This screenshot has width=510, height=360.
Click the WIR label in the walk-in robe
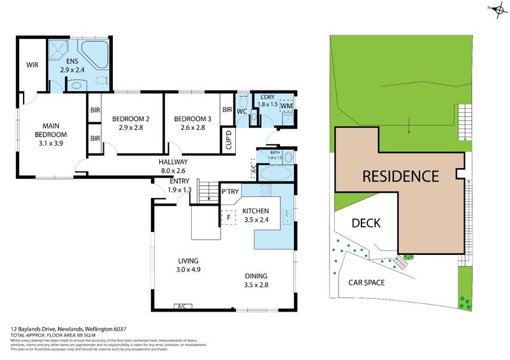click(33, 65)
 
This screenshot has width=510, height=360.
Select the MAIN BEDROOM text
click(51, 130)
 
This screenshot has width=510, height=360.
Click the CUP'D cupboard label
click(228, 140)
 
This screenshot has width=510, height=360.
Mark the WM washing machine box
click(286, 106)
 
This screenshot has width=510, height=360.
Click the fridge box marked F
click(228, 217)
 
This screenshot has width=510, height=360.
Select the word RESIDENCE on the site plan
click(400, 176)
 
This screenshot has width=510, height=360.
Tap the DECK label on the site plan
click(367, 223)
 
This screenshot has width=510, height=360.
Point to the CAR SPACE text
click(366, 282)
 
